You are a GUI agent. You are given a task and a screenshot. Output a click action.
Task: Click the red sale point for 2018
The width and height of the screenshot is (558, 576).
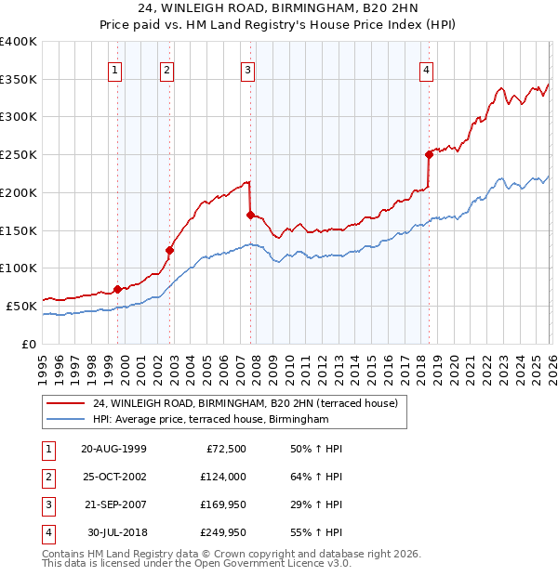point(429,154)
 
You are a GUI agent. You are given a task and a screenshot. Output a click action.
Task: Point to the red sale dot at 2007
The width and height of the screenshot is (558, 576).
point(250,215)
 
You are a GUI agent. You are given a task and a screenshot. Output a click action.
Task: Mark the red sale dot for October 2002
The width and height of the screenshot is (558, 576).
point(170,249)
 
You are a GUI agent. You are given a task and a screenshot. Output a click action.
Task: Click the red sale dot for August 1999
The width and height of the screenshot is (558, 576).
point(117,288)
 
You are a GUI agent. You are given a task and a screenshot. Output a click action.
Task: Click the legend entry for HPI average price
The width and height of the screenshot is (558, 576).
point(211,419)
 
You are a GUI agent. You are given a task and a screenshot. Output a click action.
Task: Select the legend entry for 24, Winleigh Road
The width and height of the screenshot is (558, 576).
point(245,403)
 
